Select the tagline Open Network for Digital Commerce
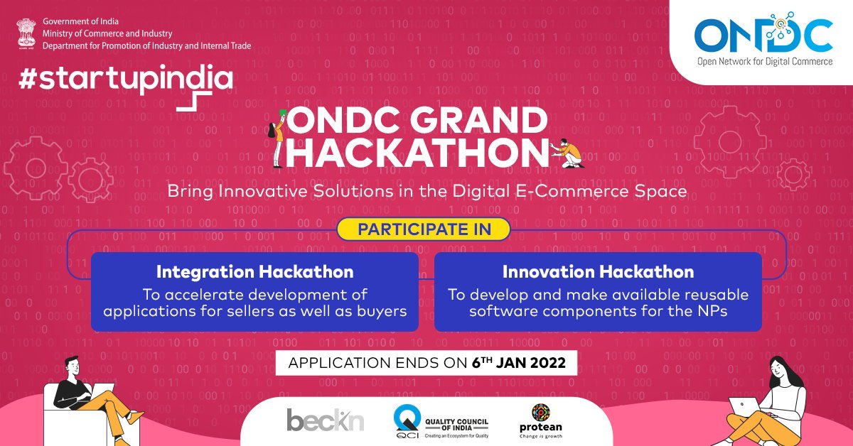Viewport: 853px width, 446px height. coord(763,62)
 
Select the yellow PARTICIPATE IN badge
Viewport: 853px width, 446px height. coord(424,229)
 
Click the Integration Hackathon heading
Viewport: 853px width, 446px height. coord(254,272)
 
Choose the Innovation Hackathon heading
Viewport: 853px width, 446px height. coord(598,272)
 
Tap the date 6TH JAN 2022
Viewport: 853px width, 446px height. coord(518,363)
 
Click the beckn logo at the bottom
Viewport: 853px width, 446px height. coord(325,420)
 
